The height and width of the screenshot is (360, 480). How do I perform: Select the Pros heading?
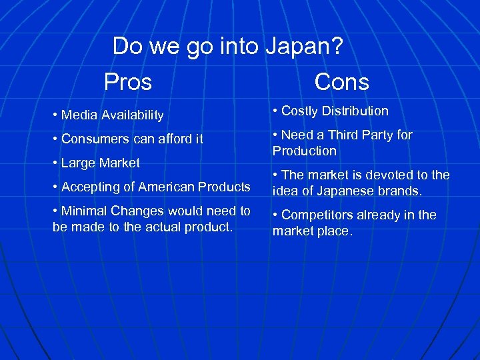pyautogui.click(x=128, y=82)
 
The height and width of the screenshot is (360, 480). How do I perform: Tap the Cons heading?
pyautogui.click(x=341, y=82)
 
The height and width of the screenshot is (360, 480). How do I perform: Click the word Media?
pyautogui.click(x=77, y=115)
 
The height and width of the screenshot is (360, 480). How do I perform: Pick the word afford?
pyautogui.click(x=171, y=139)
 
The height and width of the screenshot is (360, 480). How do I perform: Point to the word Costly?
pyautogui.click(x=300, y=111)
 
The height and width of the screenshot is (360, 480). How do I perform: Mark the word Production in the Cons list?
pyautogui.click(x=305, y=151)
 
